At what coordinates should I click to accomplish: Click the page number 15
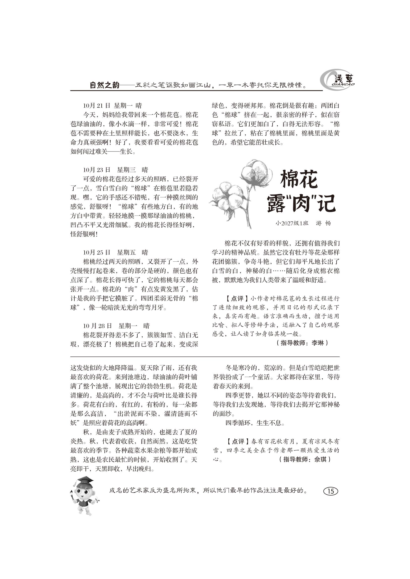coord(330,491)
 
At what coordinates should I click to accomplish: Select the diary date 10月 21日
coord(97,105)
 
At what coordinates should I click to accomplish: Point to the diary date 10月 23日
coord(97,170)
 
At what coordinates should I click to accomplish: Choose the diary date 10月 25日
coord(97,252)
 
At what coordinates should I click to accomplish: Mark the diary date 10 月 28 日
coord(97,326)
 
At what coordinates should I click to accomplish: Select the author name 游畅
coord(323,223)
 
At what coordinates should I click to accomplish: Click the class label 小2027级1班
coord(292,223)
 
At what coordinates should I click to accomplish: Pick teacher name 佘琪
coord(320,459)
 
